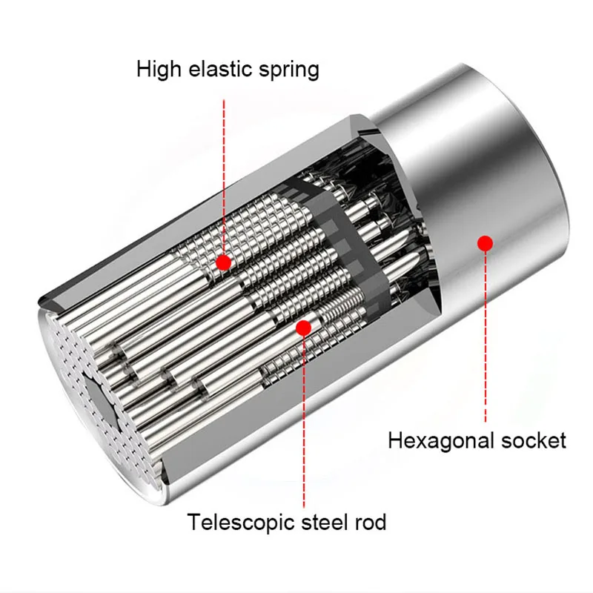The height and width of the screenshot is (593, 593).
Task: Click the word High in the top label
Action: [159, 70]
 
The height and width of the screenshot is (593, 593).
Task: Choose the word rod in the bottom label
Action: [370, 523]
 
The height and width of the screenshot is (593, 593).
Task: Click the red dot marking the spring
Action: [224, 262]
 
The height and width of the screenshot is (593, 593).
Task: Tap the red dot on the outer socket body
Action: [486, 244]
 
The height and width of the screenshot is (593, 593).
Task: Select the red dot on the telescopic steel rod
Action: [303, 328]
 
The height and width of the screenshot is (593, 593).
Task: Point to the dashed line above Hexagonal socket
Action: [486, 337]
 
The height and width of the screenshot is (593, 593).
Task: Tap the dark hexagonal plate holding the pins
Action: [347, 246]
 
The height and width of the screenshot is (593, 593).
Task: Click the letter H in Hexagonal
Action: [396, 440]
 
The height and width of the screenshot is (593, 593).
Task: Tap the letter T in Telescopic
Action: [195, 523]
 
